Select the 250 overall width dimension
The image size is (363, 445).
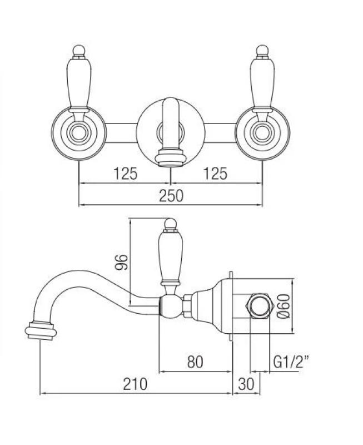coord(172,195)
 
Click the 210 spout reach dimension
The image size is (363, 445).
coord(135,384)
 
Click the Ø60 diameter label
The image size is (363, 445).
coord(282,305)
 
